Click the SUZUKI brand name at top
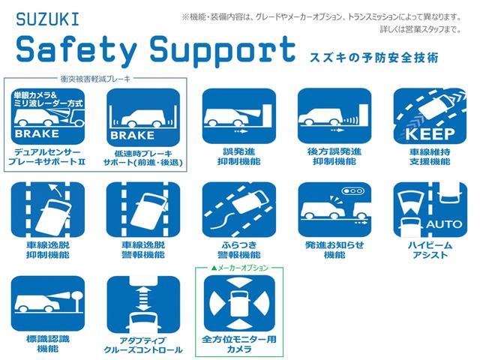click(47, 19)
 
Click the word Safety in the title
click(76, 49)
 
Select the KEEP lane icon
click(430, 116)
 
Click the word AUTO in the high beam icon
click(444, 224)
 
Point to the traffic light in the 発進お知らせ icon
click(353, 190)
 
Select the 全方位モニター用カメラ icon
click(239, 303)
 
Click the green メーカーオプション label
click(240, 268)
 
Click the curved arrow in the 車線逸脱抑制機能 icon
click(55, 190)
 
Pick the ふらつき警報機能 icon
click(239, 209)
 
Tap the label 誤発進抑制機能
click(238, 157)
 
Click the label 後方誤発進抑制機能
click(334, 157)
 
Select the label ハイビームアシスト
click(430, 250)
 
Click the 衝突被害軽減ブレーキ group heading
click(95, 79)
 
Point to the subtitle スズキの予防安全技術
click(374, 58)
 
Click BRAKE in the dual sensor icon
click(37, 133)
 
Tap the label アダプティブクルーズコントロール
click(143, 345)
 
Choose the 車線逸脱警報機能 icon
click(143, 209)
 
